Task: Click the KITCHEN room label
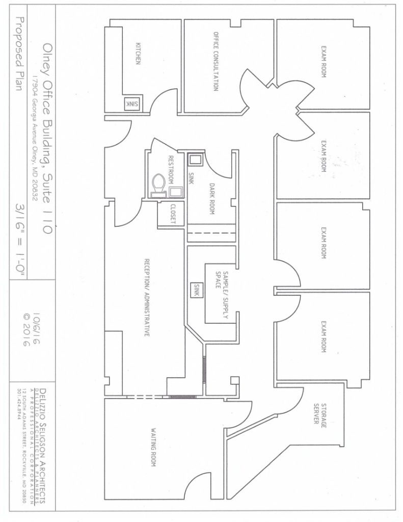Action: coord(138,53)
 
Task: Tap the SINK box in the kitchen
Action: coord(131,104)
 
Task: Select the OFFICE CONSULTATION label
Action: coord(216,61)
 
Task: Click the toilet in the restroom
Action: coord(159,185)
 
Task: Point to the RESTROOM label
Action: coord(171,169)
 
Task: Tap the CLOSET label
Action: coord(172,214)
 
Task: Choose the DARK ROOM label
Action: coord(211,198)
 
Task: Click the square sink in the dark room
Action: coord(195,160)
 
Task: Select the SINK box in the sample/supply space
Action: coord(196,290)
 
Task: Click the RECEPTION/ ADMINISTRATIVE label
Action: coord(146,297)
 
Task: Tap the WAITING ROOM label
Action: coord(153,447)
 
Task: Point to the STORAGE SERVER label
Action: coord(320,414)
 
